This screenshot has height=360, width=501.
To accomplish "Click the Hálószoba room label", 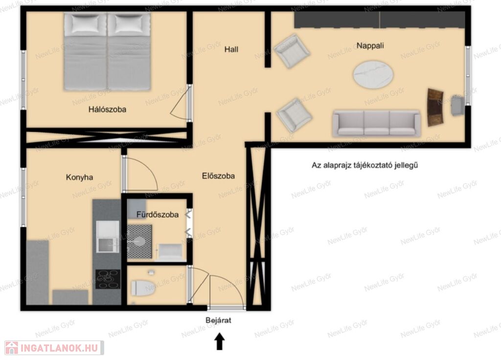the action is click(107, 110).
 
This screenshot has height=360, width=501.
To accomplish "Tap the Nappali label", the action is click(370, 45).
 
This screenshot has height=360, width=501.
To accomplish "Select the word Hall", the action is click(231, 49).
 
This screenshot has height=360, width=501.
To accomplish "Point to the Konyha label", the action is click(80, 177).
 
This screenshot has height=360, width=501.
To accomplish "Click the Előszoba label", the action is click(218, 176).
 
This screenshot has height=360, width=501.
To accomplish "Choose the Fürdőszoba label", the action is click(157, 215).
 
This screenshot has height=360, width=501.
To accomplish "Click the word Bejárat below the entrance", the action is click(218, 320).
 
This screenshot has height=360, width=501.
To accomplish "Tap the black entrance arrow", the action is click(219, 341).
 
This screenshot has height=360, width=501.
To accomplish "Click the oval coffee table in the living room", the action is click(373, 74).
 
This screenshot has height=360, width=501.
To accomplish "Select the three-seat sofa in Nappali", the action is click(376, 123).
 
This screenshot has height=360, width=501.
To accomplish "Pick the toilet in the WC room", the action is click(143, 288).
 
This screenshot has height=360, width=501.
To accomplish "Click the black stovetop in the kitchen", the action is click(108, 279).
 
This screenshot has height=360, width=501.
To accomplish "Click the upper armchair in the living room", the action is click(291, 51).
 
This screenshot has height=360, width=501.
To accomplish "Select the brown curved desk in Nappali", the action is click(435, 107).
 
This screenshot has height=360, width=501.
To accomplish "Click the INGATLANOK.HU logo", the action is click(54, 348).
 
